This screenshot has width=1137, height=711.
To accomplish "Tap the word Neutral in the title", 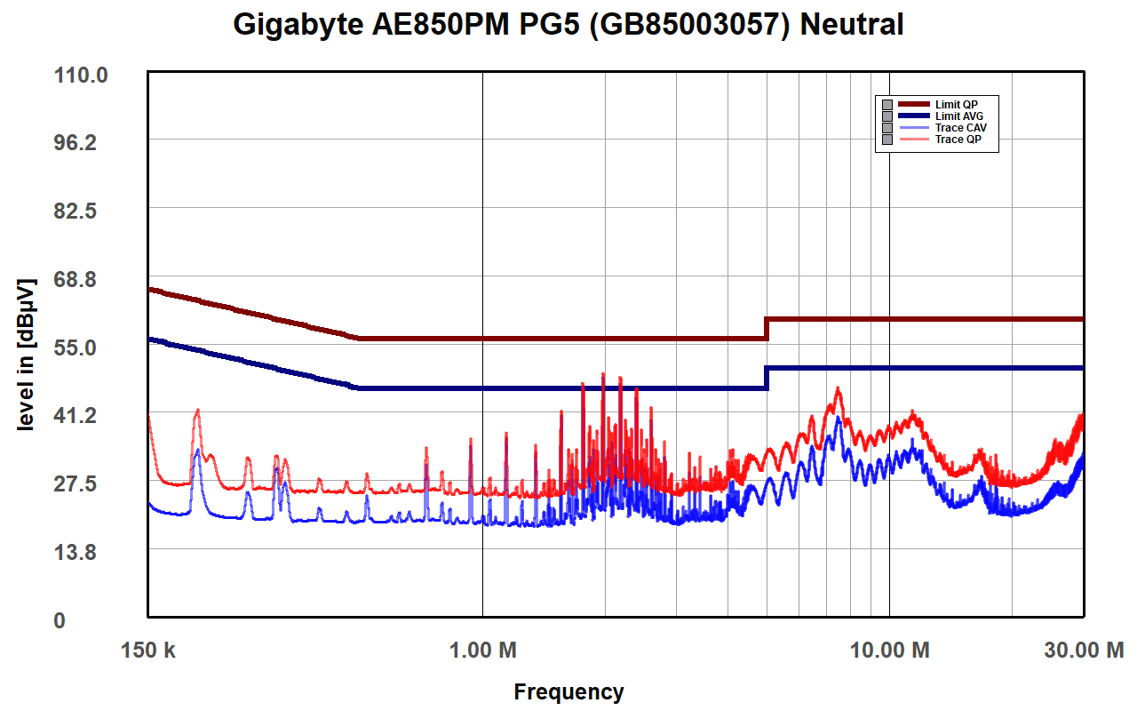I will (x=852, y=24).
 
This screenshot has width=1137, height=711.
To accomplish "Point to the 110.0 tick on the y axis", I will (x=83, y=75).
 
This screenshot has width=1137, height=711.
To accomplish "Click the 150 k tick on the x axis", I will (x=147, y=650).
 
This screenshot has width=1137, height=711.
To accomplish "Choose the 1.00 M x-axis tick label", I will (x=482, y=650).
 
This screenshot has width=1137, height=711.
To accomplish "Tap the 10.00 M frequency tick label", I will (x=889, y=650).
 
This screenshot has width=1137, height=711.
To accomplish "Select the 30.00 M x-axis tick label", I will (x=1083, y=650).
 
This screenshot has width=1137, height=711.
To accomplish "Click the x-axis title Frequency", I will (x=568, y=691).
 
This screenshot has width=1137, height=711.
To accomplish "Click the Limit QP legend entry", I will (x=956, y=105).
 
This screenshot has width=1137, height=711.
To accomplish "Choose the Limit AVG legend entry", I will (x=958, y=116).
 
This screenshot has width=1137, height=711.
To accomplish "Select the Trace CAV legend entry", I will (x=960, y=128).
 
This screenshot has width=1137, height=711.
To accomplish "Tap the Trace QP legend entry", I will (x=958, y=140).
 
